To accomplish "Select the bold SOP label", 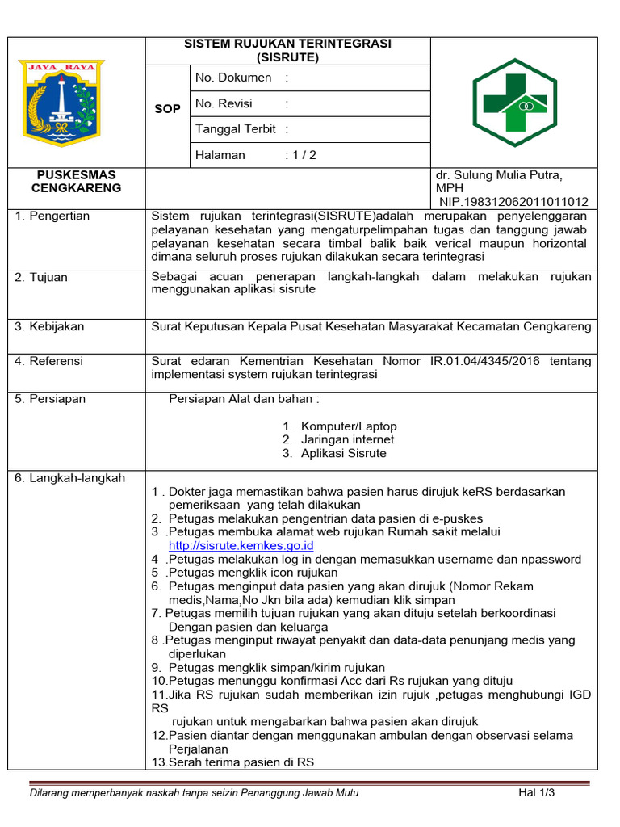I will (167, 108).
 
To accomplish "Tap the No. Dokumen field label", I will (233, 78).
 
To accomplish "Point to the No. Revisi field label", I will (224, 103).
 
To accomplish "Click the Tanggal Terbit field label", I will (236, 129).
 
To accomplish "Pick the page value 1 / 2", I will (305, 155).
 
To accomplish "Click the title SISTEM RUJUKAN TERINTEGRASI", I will (287, 44).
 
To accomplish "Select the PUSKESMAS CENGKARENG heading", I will (76, 182).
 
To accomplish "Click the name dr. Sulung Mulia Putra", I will (499, 175).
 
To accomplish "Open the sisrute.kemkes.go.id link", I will (241, 545).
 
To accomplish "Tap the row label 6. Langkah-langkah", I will (69, 478).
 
